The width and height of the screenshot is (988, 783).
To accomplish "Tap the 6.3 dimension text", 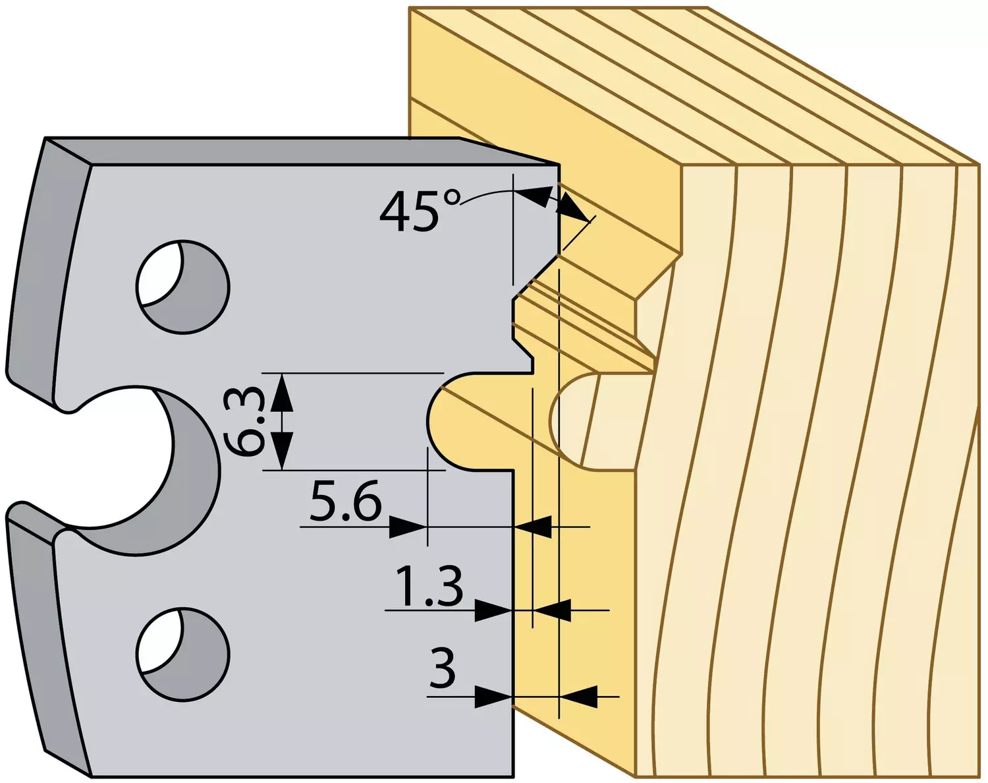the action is (243, 421).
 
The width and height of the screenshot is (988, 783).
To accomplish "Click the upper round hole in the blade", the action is (182, 286).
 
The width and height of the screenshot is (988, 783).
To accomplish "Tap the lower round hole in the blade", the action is (182, 653).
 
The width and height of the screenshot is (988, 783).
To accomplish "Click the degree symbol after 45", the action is (452, 198).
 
